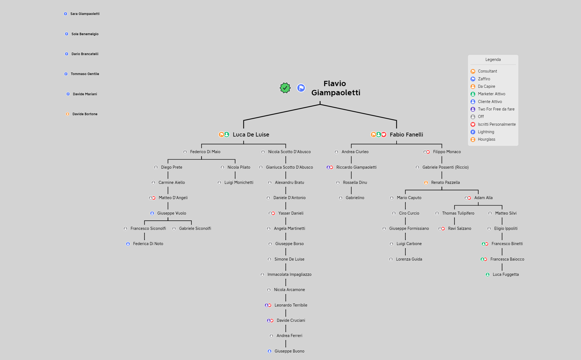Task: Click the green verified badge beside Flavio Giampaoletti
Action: pyautogui.click(x=285, y=88)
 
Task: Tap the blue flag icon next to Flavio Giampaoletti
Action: pyautogui.click(x=301, y=88)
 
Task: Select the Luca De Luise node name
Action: pyautogui.click(x=251, y=135)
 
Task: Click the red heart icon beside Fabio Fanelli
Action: pyautogui.click(x=384, y=135)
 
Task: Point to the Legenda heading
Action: pyautogui.click(x=493, y=60)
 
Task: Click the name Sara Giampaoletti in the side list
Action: pyautogui.click(x=85, y=14)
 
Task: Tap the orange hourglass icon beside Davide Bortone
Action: pyautogui.click(x=67, y=114)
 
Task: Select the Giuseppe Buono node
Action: pyautogui.click(x=289, y=351)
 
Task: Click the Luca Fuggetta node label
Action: pyautogui.click(x=506, y=274)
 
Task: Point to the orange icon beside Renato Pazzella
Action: pyautogui.click(x=426, y=182)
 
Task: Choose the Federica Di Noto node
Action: pyautogui.click(x=148, y=244)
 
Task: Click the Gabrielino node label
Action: pyautogui.click(x=355, y=198)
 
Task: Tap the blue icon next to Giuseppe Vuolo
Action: pyautogui.click(x=152, y=213)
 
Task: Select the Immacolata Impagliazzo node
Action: pyautogui.click(x=289, y=274)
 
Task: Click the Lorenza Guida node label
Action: pyautogui.click(x=409, y=259)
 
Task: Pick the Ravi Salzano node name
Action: pyautogui.click(x=460, y=228)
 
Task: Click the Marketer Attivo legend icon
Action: pyautogui.click(x=473, y=94)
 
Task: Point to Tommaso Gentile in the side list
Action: pyautogui.click(x=85, y=74)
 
